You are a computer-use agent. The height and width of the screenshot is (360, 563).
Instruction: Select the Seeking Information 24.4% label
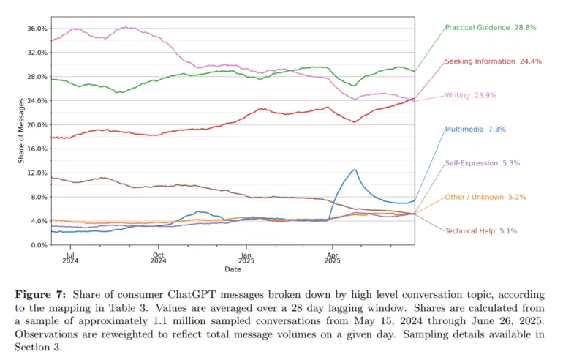click(493, 61)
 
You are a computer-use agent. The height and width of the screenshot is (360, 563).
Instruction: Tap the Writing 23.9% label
click(473, 95)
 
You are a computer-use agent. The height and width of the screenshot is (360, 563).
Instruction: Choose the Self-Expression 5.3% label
click(483, 163)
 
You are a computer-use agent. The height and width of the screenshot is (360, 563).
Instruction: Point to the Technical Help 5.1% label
click(481, 230)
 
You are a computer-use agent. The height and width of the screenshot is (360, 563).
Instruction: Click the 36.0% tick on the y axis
click(37, 29)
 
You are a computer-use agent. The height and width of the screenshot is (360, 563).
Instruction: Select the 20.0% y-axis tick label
click(37, 124)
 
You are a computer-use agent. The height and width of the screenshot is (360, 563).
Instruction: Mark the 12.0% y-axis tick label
click(37, 173)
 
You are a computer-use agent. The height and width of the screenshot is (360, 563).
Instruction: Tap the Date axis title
click(233, 269)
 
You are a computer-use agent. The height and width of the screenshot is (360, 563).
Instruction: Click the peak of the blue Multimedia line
click(355, 170)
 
